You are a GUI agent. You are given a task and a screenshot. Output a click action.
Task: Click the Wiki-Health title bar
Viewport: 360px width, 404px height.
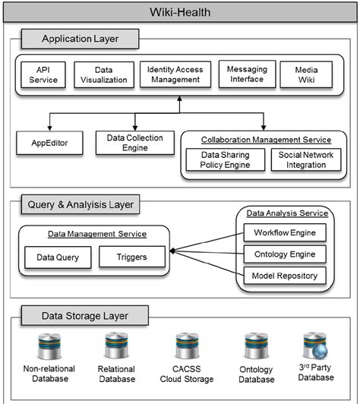180,12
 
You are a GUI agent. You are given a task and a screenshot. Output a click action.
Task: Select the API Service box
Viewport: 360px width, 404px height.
43,74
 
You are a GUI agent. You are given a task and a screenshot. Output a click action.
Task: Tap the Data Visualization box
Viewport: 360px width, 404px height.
104,74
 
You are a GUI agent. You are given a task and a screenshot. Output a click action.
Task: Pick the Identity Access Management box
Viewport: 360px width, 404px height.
175,74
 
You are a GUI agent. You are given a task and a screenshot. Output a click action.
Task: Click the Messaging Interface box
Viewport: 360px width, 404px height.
247,74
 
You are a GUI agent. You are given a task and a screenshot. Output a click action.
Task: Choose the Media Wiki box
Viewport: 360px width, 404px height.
306,74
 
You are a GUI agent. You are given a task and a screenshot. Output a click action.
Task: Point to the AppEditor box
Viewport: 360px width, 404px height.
49,143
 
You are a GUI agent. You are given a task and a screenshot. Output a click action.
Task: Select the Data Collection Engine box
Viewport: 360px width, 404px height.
135,143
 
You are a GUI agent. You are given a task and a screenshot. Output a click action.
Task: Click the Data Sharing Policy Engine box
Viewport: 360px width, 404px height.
226,159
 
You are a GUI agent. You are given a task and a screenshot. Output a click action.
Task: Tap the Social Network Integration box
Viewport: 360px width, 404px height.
306,159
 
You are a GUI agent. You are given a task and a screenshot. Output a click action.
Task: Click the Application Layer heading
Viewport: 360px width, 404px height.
81,39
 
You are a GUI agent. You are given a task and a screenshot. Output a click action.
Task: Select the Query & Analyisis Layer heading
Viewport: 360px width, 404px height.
81,204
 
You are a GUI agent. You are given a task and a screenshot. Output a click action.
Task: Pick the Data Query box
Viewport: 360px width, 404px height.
58,257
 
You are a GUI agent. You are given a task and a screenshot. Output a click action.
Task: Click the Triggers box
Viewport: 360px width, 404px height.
132,257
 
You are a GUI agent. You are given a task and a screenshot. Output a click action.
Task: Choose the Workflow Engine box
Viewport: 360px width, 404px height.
285,232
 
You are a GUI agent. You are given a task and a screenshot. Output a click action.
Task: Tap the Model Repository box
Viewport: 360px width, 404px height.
285,276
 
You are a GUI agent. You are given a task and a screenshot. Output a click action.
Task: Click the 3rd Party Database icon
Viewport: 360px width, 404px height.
315,346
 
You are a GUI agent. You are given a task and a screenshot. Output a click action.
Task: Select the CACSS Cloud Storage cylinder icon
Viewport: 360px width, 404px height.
187,346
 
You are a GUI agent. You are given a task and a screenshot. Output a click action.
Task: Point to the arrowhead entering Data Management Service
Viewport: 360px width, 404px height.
172,251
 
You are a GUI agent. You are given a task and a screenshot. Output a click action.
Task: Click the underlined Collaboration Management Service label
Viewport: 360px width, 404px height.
266,140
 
